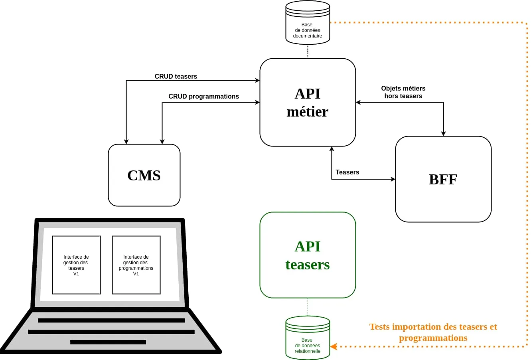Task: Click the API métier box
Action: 308,102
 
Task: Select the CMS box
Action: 144,175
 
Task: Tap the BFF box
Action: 443,179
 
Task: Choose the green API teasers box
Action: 308,255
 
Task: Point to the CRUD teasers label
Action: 176,76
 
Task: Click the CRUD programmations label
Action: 203,96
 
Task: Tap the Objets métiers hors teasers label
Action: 403,92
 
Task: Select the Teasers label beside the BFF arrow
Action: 347,172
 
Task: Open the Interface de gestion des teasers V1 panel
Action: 76,265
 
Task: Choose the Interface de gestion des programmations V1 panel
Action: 136,265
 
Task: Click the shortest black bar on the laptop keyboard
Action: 108,342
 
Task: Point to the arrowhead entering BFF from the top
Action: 443,134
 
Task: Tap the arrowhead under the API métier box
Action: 332,149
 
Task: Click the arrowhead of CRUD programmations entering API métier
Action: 257,103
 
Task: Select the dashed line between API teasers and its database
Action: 308,307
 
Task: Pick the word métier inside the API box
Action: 308,112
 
